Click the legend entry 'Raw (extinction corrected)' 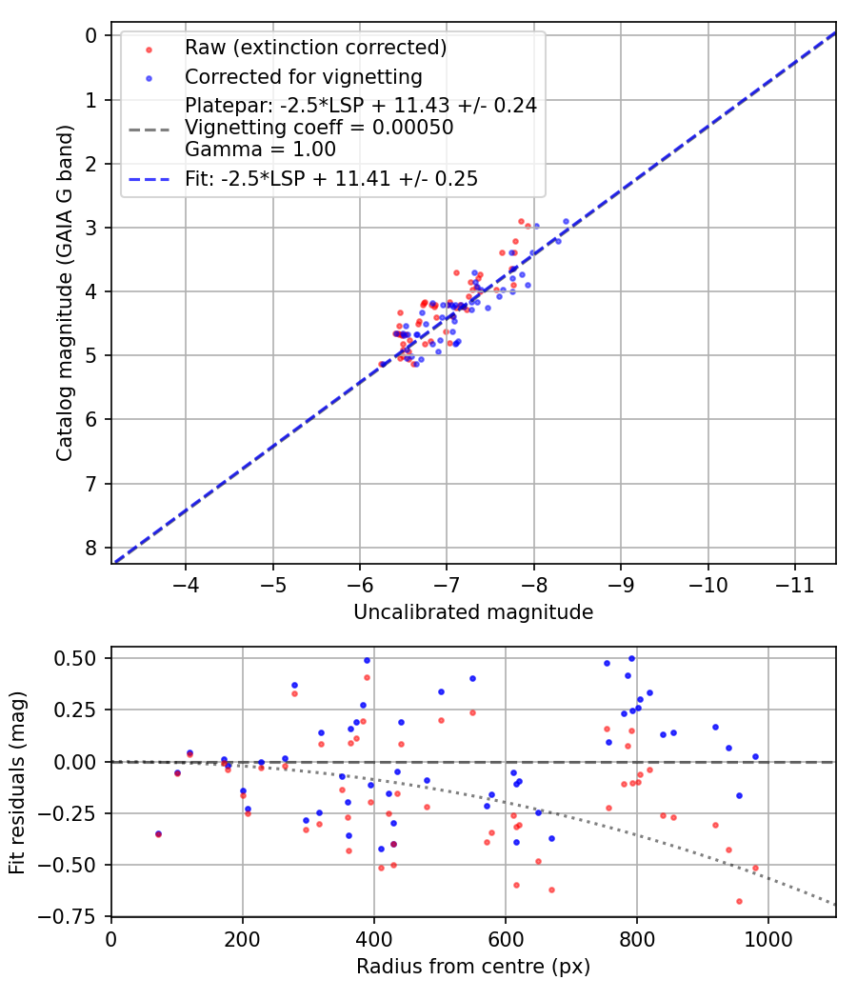[315, 48]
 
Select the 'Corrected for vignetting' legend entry [303, 76]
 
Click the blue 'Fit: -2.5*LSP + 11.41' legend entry [331, 178]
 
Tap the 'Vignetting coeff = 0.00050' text [319, 128]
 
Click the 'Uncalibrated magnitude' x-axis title [473, 612]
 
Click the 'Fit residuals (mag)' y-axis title [17, 781]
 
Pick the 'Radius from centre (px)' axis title [473, 967]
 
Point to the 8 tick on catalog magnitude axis [91, 548]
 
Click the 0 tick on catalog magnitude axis [91, 35]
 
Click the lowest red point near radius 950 [739, 901]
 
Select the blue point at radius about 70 [158, 833]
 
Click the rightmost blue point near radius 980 [755, 756]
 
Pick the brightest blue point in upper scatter [566, 221]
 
